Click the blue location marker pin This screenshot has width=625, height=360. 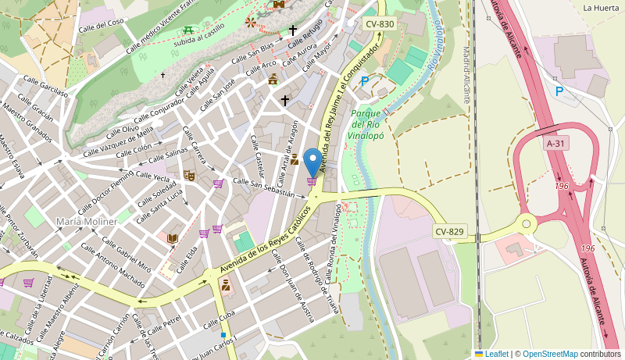[x=312, y=162]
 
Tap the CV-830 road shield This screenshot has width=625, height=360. [x=380, y=24]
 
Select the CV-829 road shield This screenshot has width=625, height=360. [x=449, y=232]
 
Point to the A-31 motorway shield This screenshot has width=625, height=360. [x=555, y=144]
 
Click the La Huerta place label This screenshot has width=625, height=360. [x=601, y=8]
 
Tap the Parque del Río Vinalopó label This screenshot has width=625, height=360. [x=366, y=124]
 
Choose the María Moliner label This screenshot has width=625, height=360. [x=86, y=222]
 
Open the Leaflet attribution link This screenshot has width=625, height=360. [x=496, y=354]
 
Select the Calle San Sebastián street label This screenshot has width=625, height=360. [x=263, y=187]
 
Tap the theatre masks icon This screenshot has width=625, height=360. [x=188, y=176]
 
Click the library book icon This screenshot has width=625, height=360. [x=173, y=237]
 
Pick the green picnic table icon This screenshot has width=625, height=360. [x=187, y=30]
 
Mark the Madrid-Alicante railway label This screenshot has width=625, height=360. [x=467, y=74]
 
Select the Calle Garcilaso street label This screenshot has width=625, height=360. [x=45, y=85]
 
